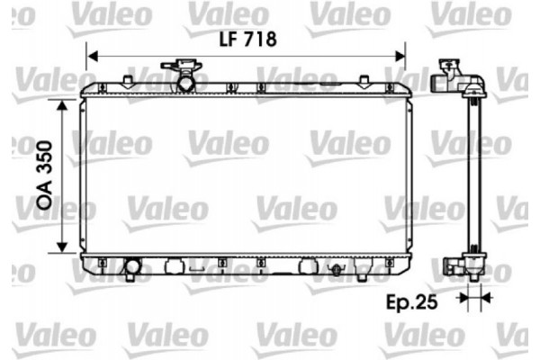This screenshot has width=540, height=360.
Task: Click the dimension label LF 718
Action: point(245,40)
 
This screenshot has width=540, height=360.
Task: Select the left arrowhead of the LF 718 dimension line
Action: point(90,57)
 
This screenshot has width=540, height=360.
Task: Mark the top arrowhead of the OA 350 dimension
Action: point(61,105)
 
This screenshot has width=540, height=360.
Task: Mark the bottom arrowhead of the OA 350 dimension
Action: point(61,248)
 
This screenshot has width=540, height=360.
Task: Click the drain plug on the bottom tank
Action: point(336,269)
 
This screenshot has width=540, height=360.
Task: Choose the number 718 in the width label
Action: point(258,40)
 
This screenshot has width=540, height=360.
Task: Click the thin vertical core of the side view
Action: point(471,171)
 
